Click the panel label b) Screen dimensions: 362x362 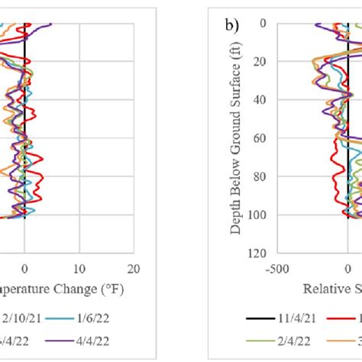click(231, 25)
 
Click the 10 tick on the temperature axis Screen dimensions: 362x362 click(79, 269)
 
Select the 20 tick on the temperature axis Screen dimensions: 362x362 click(134, 269)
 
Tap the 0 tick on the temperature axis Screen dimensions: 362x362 click(25, 269)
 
